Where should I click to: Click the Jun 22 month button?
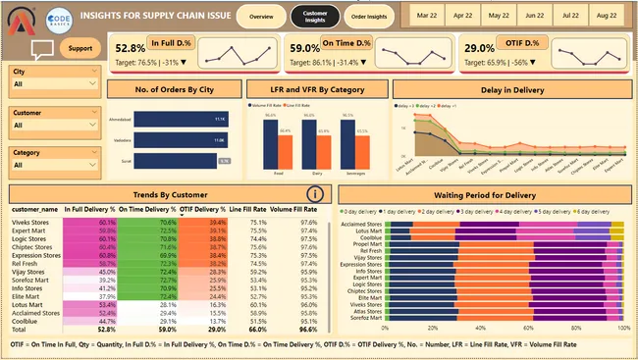coord(535,17)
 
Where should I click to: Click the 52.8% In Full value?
coord(131,48)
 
